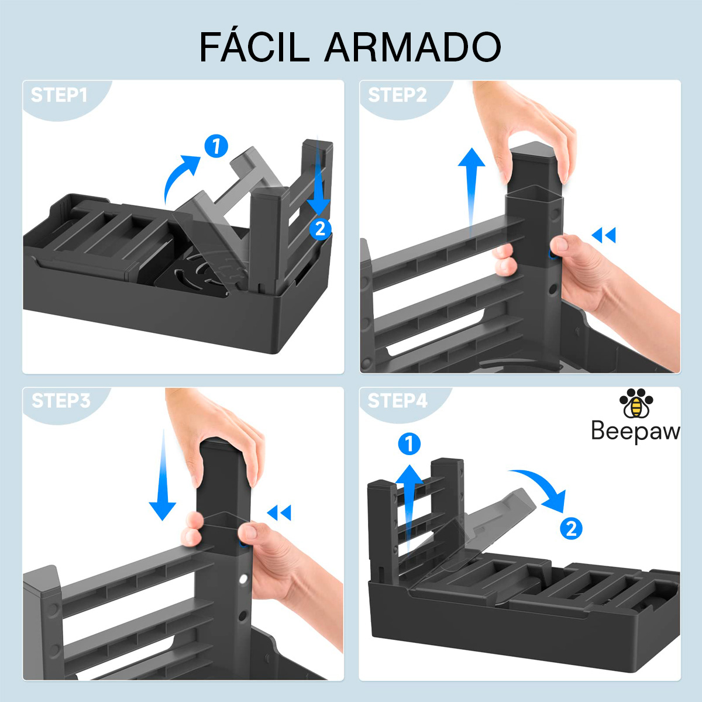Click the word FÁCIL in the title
pyautogui.click(x=254, y=47)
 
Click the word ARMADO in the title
pyautogui.click(x=413, y=48)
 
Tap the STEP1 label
pyautogui.click(x=59, y=95)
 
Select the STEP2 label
pyautogui.click(x=397, y=95)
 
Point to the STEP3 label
pyautogui.click(x=61, y=401)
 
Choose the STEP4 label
pyautogui.click(x=397, y=401)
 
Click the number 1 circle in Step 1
pyautogui.click(x=216, y=146)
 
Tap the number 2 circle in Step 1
pyautogui.click(x=320, y=229)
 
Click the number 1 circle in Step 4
pyautogui.click(x=409, y=443)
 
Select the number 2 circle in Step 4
pyautogui.click(x=571, y=529)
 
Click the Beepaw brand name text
pyautogui.click(x=635, y=431)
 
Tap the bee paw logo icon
pyautogui.click(x=636, y=403)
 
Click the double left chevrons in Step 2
pyautogui.click(x=604, y=235)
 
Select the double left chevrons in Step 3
pyautogui.click(x=279, y=512)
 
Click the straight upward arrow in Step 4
pyautogui.click(x=409, y=510)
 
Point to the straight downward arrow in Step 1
pyautogui.click(x=318, y=175)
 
